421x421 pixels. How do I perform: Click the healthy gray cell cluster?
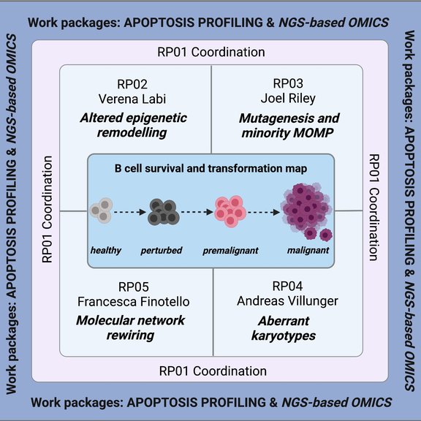[102, 210]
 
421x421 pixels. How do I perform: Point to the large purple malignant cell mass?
[307, 210]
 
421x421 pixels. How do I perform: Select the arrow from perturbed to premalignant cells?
[194, 212]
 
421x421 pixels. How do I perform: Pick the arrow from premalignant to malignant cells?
[265, 212]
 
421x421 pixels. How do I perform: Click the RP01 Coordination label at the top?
[210, 53]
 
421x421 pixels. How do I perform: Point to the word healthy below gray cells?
[106, 251]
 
